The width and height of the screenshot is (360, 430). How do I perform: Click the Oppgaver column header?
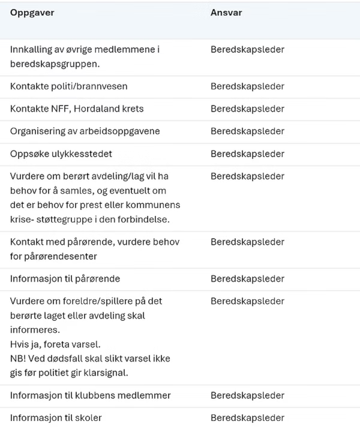32,13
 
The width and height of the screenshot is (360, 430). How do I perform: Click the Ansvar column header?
226,13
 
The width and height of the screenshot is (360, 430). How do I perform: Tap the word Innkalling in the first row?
31,49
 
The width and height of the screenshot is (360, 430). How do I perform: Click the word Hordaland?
97,109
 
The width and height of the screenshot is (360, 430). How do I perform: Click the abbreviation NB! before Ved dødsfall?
18,359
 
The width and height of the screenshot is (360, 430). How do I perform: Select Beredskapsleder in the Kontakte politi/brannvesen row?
247,86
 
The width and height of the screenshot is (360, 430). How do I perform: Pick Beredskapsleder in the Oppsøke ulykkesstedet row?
247,154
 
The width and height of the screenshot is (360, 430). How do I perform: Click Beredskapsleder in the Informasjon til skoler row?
247,418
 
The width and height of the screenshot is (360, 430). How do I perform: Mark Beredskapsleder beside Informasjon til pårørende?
247,279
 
